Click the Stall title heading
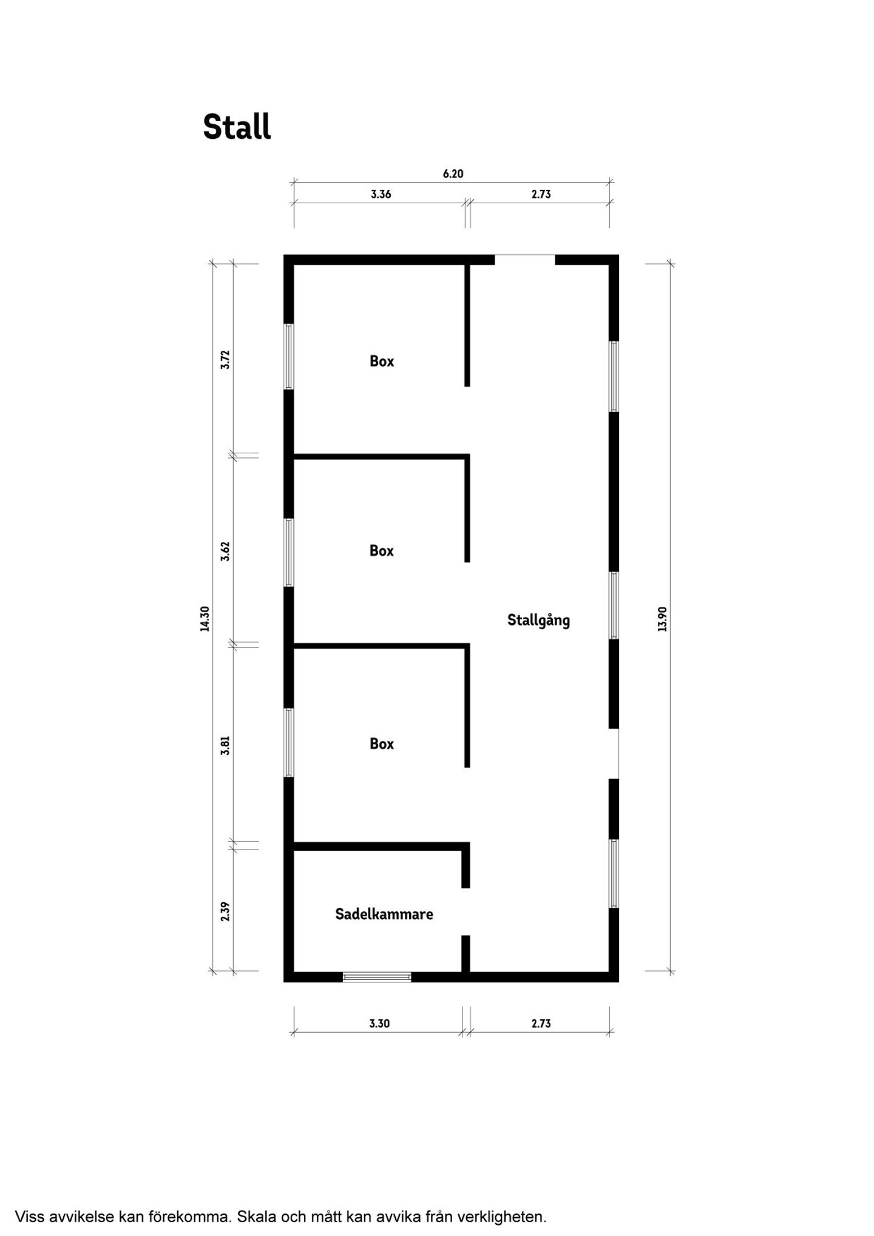pos(237,127)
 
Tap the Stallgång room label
pos(538,621)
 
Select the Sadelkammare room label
pos(384,914)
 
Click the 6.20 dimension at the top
pos(453,174)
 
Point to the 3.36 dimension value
pos(381,194)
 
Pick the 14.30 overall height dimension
pos(205,619)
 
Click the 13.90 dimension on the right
pos(662,619)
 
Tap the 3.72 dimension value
pos(225,360)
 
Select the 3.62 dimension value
pos(225,551)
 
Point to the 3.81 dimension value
pos(225,745)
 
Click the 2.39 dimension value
pos(225,911)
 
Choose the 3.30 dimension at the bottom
pos(379,1024)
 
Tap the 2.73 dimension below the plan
pos(541,1024)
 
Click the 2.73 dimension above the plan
pos(541,194)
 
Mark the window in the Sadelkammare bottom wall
pos(377,977)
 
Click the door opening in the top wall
pos(525,260)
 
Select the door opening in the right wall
pos(614,754)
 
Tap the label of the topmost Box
pos(382,361)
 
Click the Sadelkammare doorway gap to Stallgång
pos(466,911)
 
